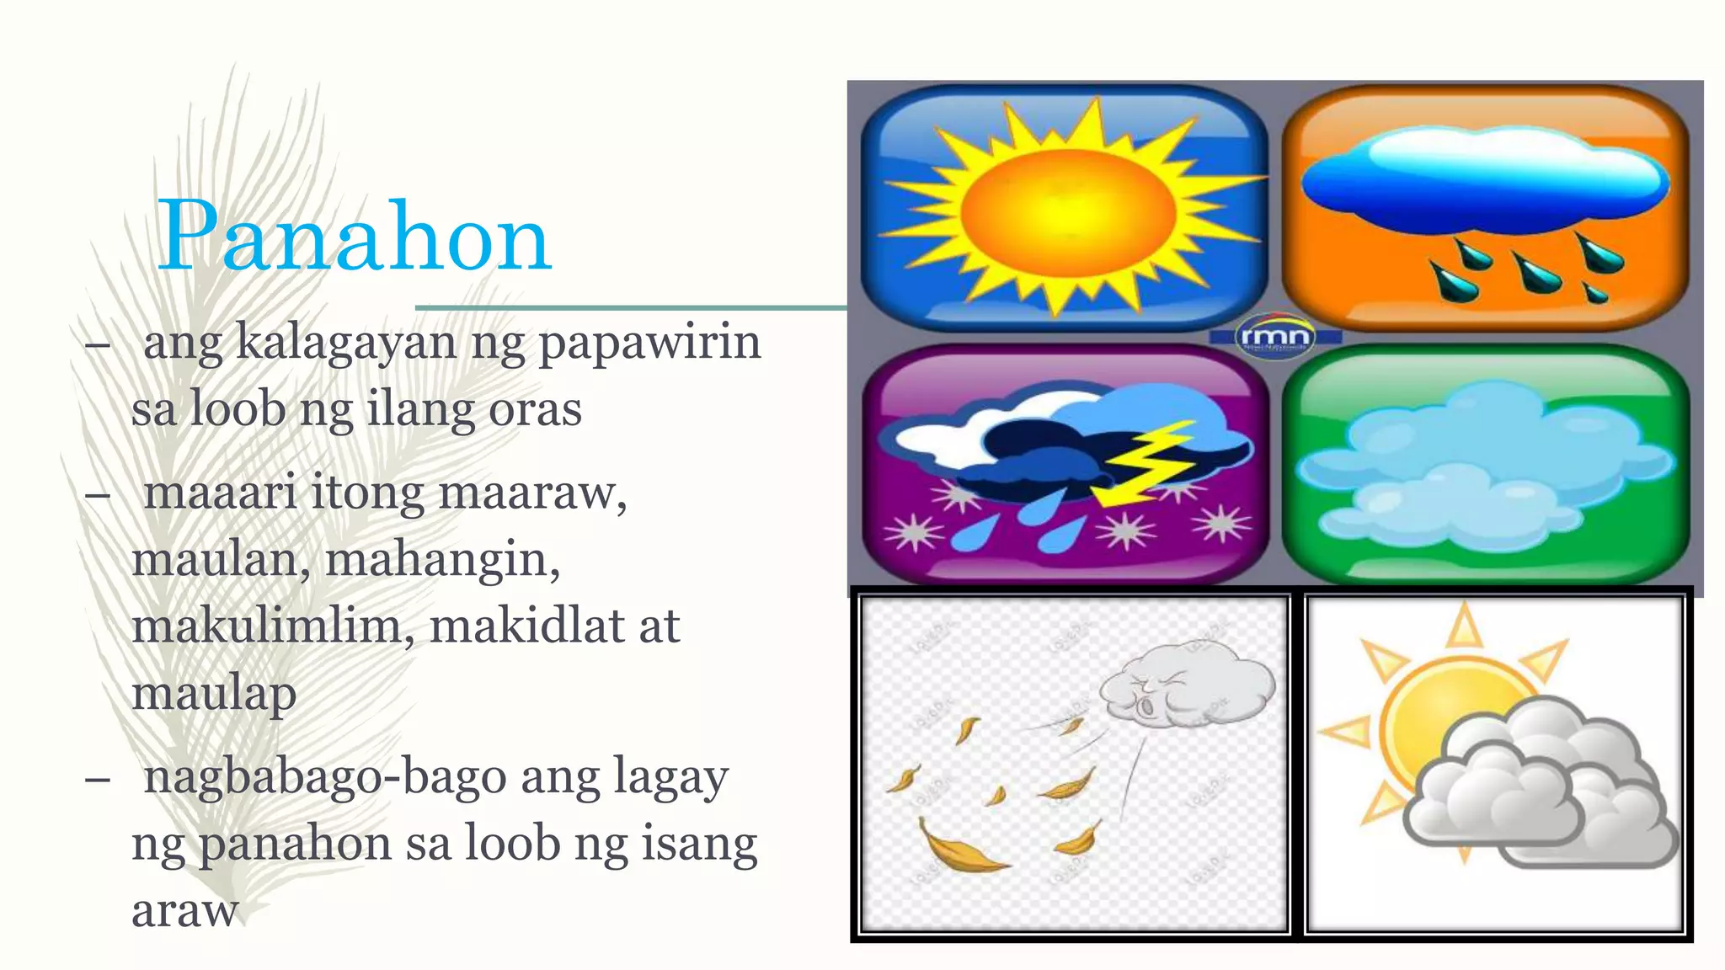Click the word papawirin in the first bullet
649,343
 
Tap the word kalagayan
345,343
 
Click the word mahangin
441,560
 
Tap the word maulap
214,695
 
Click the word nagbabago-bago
324,777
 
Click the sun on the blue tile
1067,205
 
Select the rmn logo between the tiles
1275,337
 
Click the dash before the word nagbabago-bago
98,779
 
